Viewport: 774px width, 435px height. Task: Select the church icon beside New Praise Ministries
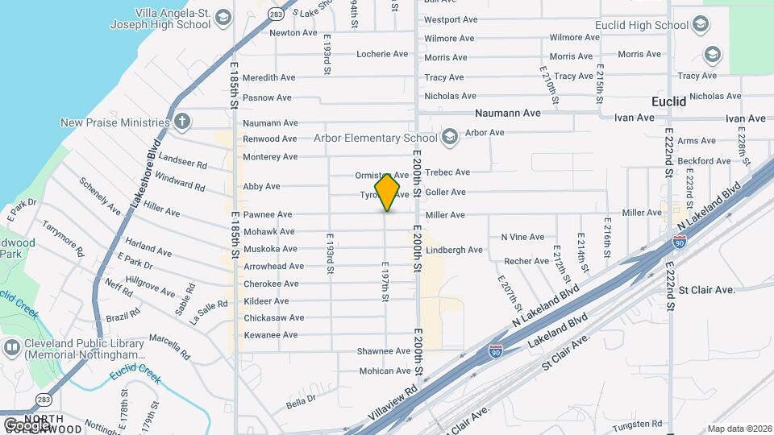tap(182, 122)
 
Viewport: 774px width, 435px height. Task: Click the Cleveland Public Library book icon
tap(11, 348)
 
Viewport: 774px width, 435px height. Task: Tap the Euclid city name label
tap(668, 101)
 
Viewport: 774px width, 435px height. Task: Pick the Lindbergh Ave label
tap(454, 250)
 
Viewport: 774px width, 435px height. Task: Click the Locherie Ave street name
tap(383, 54)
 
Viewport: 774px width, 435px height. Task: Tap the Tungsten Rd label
tap(636, 423)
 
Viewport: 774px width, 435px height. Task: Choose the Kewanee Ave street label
tap(271, 334)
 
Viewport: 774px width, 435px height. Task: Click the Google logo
tap(26, 425)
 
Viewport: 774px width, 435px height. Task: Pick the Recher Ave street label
tap(526, 261)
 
